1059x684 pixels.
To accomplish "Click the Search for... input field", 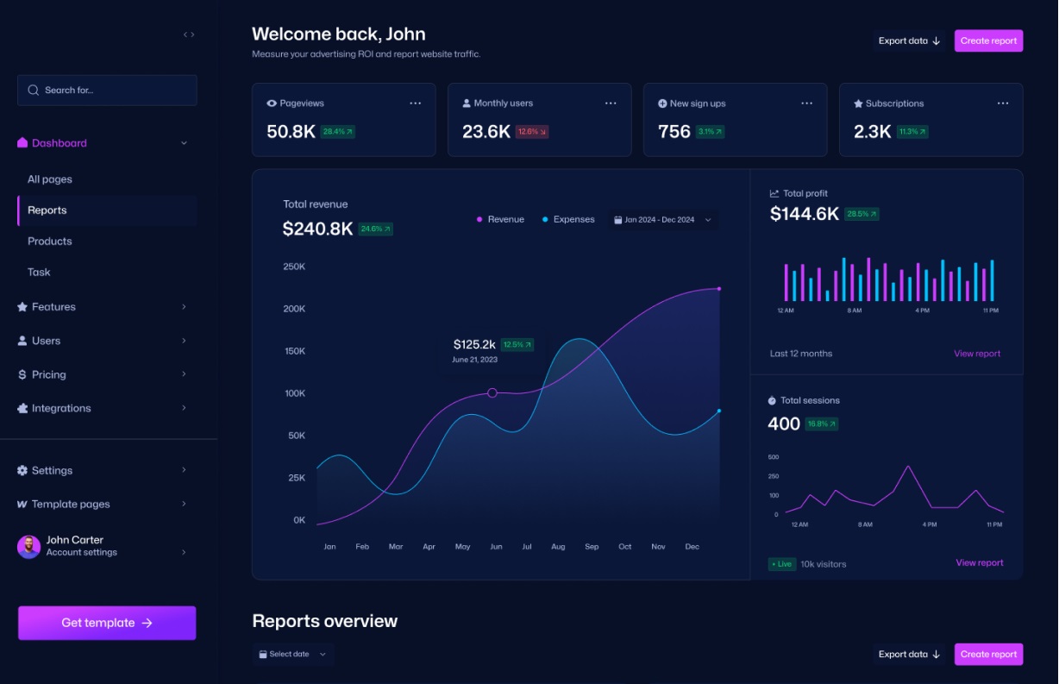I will point(107,90).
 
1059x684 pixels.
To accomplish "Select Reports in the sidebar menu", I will point(47,210).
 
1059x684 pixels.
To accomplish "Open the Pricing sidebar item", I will point(49,374).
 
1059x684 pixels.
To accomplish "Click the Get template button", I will point(107,623).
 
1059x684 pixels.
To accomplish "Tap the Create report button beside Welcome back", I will point(988,41).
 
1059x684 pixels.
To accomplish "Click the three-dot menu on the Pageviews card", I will point(416,104).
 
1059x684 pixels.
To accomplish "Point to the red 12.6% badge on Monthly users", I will point(532,132).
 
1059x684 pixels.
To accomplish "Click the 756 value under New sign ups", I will point(674,132).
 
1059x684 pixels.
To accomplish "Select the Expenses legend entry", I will point(568,220).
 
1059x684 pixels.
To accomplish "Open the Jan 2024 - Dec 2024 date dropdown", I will point(662,220).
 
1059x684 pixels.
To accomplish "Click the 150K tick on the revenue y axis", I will point(294,351).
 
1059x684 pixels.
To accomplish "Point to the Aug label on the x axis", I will point(558,547).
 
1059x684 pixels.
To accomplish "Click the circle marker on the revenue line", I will point(492,392).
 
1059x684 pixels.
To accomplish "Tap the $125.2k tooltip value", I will point(474,344).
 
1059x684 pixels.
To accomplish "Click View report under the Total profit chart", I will point(977,354).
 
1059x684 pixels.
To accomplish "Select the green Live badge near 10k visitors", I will point(781,564).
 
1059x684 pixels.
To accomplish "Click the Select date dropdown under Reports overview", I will point(293,654).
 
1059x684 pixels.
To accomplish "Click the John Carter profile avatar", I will point(29,546).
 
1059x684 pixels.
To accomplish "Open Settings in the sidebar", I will point(52,470).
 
